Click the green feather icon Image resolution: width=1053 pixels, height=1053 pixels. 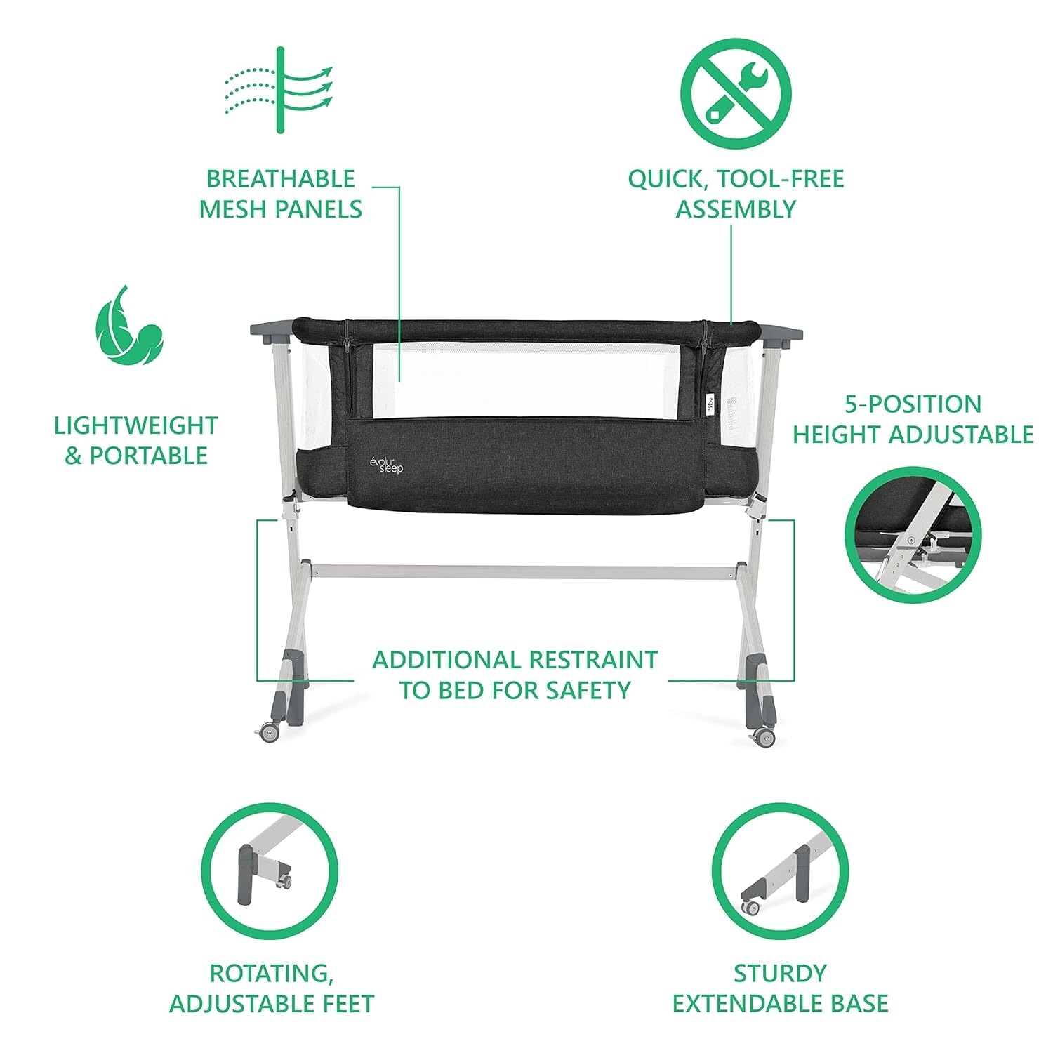tap(129, 325)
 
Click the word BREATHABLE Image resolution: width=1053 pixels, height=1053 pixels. tap(280, 179)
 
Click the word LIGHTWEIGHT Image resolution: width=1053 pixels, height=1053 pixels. tap(136, 425)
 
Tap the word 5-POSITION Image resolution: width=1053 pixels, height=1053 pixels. tap(913, 404)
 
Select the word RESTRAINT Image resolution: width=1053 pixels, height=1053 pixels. tap(593, 660)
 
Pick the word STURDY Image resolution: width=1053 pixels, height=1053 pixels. tap(780, 973)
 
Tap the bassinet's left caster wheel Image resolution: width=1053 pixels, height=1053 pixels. tap(269, 733)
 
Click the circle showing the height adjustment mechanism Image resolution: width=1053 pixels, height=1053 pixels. tap(913, 535)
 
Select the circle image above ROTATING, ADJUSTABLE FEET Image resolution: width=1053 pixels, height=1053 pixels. tap(270, 871)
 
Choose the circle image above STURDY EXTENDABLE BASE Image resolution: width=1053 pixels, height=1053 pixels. tap(780, 871)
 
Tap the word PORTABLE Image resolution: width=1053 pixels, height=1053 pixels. tap(148, 456)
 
